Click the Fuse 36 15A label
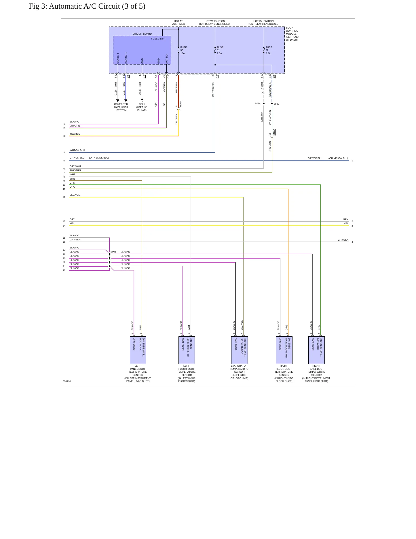(x=183, y=50)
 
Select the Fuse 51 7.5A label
(x=220, y=50)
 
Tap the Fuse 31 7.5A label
(x=268, y=50)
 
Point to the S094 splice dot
(x=264, y=103)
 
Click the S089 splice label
(x=276, y=104)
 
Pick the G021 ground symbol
(x=142, y=100)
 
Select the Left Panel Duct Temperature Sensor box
(x=138, y=350)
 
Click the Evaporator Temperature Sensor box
(x=239, y=350)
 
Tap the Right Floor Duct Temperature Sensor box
(x=284, y=350)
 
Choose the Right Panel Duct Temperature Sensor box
(x=316, y=350)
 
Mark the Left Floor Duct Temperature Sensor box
(x=187, y=350)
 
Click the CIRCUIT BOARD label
(x=142, y=34)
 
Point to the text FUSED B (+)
(x=158, y=39)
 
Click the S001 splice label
(x=113, y=252)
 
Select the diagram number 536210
(x=67, y=381)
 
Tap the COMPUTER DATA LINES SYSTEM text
(x=121, y=107)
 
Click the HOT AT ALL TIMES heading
(x=178, y=22)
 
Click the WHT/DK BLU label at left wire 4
(x=77, y=150)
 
